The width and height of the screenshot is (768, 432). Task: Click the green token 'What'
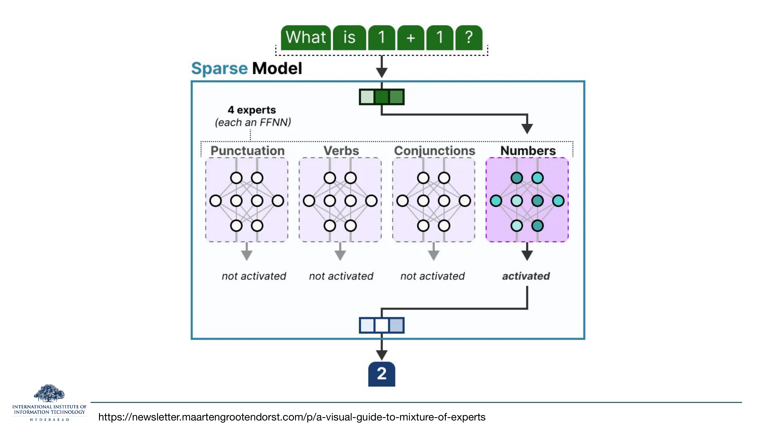306,38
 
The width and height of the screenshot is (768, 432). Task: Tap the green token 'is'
349,38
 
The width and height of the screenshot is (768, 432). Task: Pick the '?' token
469,38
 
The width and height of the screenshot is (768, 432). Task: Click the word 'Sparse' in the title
220,69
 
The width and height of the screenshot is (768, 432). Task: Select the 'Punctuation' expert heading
247,151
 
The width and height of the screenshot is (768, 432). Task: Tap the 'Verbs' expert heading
341,151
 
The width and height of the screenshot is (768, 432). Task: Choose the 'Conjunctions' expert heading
434,151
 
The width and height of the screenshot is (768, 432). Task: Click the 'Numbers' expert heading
528,151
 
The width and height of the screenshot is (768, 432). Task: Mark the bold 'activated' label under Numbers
526,276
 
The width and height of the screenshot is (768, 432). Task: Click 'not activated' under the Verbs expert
341,276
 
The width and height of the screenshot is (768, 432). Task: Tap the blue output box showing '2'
382,374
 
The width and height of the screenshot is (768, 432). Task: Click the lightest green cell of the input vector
367,97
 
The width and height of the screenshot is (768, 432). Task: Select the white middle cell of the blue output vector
382,325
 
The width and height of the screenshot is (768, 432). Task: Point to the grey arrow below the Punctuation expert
247,252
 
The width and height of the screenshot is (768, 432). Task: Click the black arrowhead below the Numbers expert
527,255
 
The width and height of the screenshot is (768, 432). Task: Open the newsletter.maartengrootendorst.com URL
292,417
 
